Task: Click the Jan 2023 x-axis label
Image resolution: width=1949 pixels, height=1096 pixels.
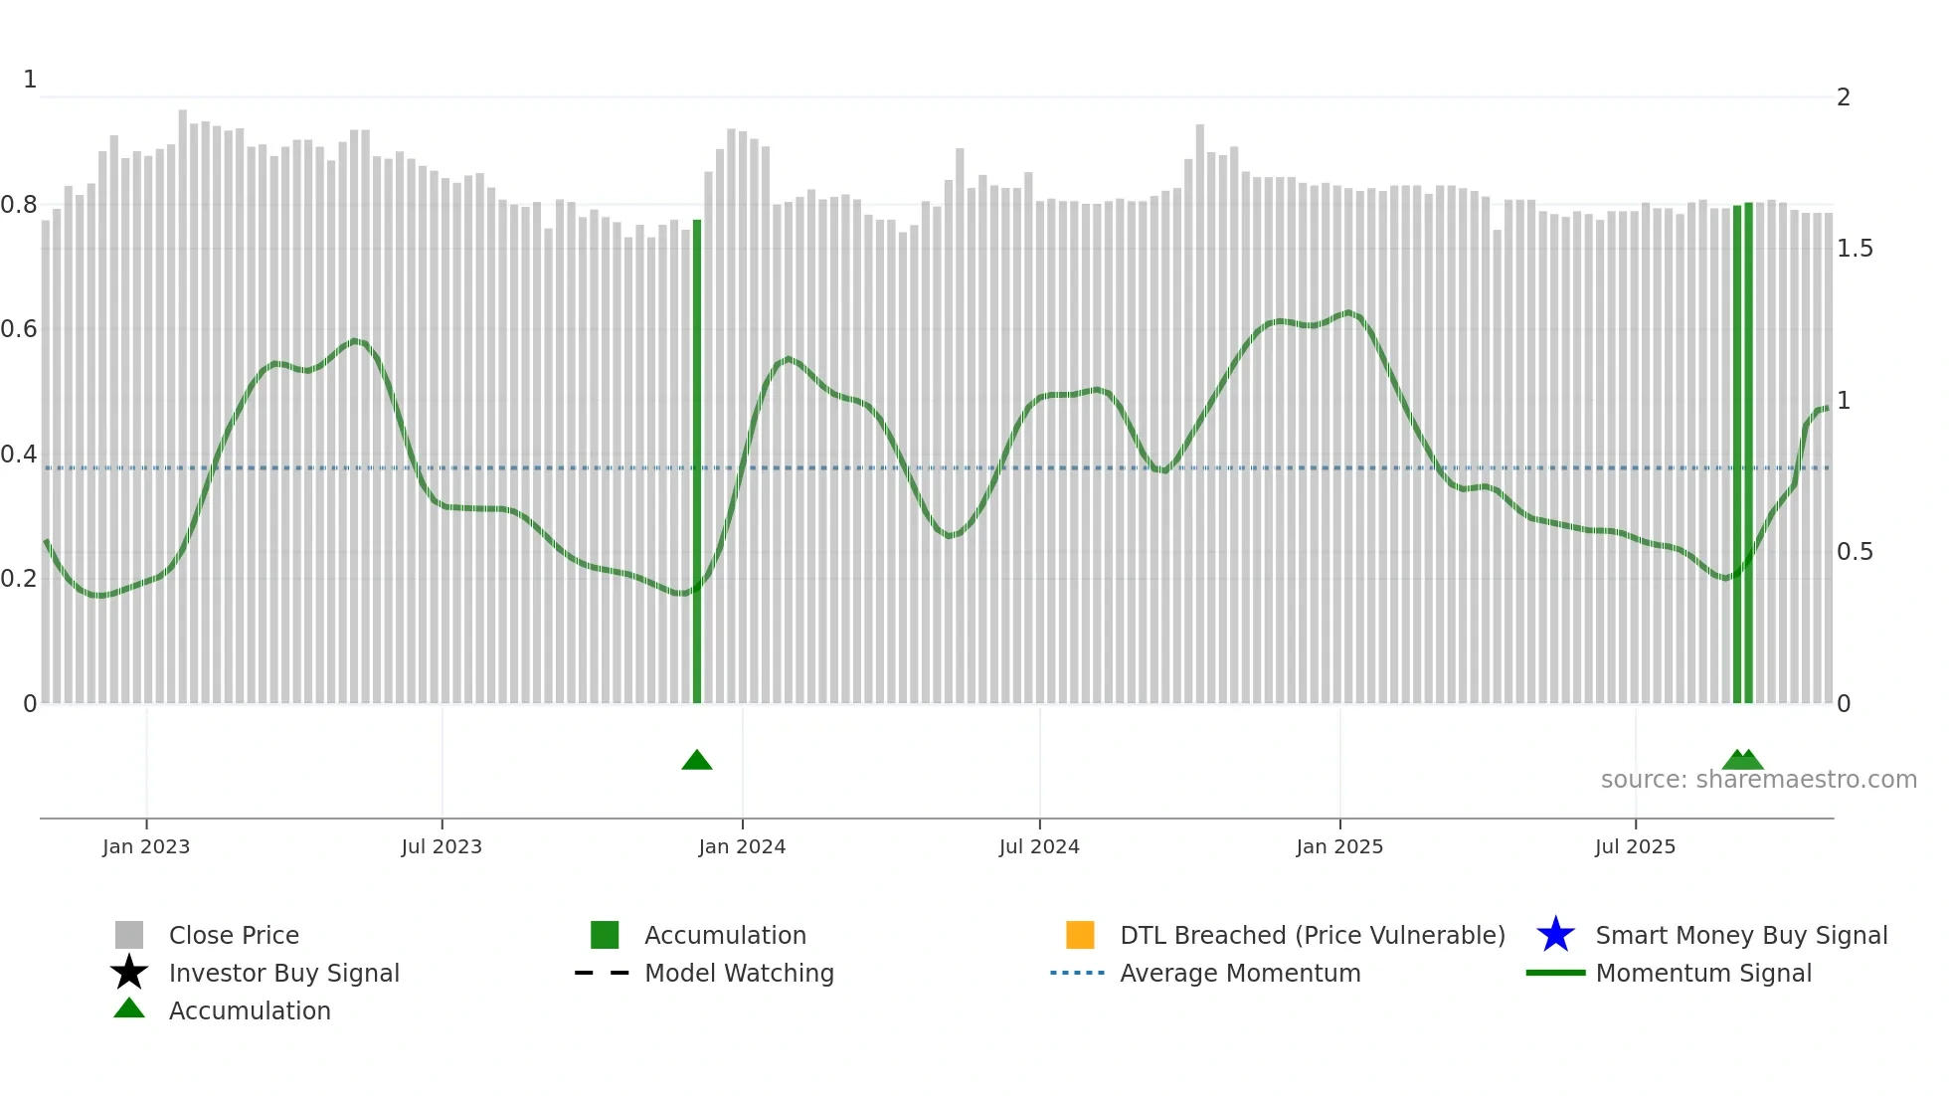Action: click(146, 846)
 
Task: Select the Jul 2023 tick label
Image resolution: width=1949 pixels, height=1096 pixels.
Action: click(442, 846)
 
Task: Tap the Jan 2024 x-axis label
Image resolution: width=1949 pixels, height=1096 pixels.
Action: click(742, 846)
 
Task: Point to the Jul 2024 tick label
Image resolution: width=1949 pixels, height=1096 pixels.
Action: click(1039, 846)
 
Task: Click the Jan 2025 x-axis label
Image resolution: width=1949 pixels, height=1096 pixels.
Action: click(1339, 846)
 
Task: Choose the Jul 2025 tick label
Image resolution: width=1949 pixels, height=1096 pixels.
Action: click(1635, 846)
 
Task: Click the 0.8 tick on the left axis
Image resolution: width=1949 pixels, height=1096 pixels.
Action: click(19, 205)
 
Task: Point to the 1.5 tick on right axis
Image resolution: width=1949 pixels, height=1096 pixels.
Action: click(1855, 249)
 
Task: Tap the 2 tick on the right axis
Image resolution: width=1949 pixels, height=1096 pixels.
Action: click(1844, 97)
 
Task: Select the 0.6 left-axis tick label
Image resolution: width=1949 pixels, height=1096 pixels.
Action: click(19, 329)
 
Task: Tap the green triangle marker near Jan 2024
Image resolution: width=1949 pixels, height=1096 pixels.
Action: click(697, 761)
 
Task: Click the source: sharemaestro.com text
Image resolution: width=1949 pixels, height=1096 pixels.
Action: click(1758, 780)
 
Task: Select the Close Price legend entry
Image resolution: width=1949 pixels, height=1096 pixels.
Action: click(234, 935)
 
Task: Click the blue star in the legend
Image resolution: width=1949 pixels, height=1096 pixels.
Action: click(1555, 935)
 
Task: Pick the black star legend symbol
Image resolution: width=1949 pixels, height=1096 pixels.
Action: click(129, 973)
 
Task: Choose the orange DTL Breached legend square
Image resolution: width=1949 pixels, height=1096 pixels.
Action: click(1080, 935)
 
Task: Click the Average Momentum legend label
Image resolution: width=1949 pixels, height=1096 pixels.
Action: click(1240, 973)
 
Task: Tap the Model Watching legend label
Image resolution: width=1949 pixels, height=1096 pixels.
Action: click(739, 973)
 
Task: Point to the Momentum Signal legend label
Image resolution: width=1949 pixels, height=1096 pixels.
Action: click(1703, 973)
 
